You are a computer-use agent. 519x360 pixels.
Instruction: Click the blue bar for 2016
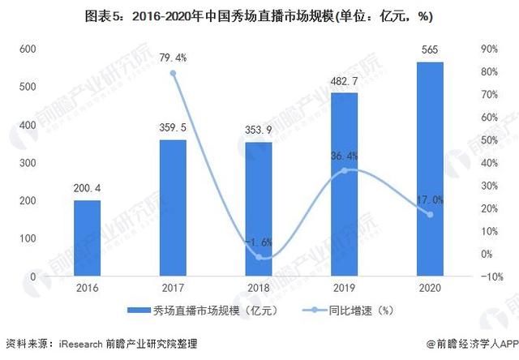point(87,238)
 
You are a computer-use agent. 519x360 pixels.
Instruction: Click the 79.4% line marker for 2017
point(173,73)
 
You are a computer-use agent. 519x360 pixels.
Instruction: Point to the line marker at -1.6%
point(259,257)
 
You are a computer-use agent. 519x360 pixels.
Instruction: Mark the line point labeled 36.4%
point(345,170)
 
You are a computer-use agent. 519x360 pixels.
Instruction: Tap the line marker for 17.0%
point(431,214)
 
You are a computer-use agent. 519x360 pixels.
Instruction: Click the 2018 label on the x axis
point(259,289)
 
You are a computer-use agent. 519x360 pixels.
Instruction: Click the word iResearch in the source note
point(81,344)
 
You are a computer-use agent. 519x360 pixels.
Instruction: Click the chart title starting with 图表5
point(259,14)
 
